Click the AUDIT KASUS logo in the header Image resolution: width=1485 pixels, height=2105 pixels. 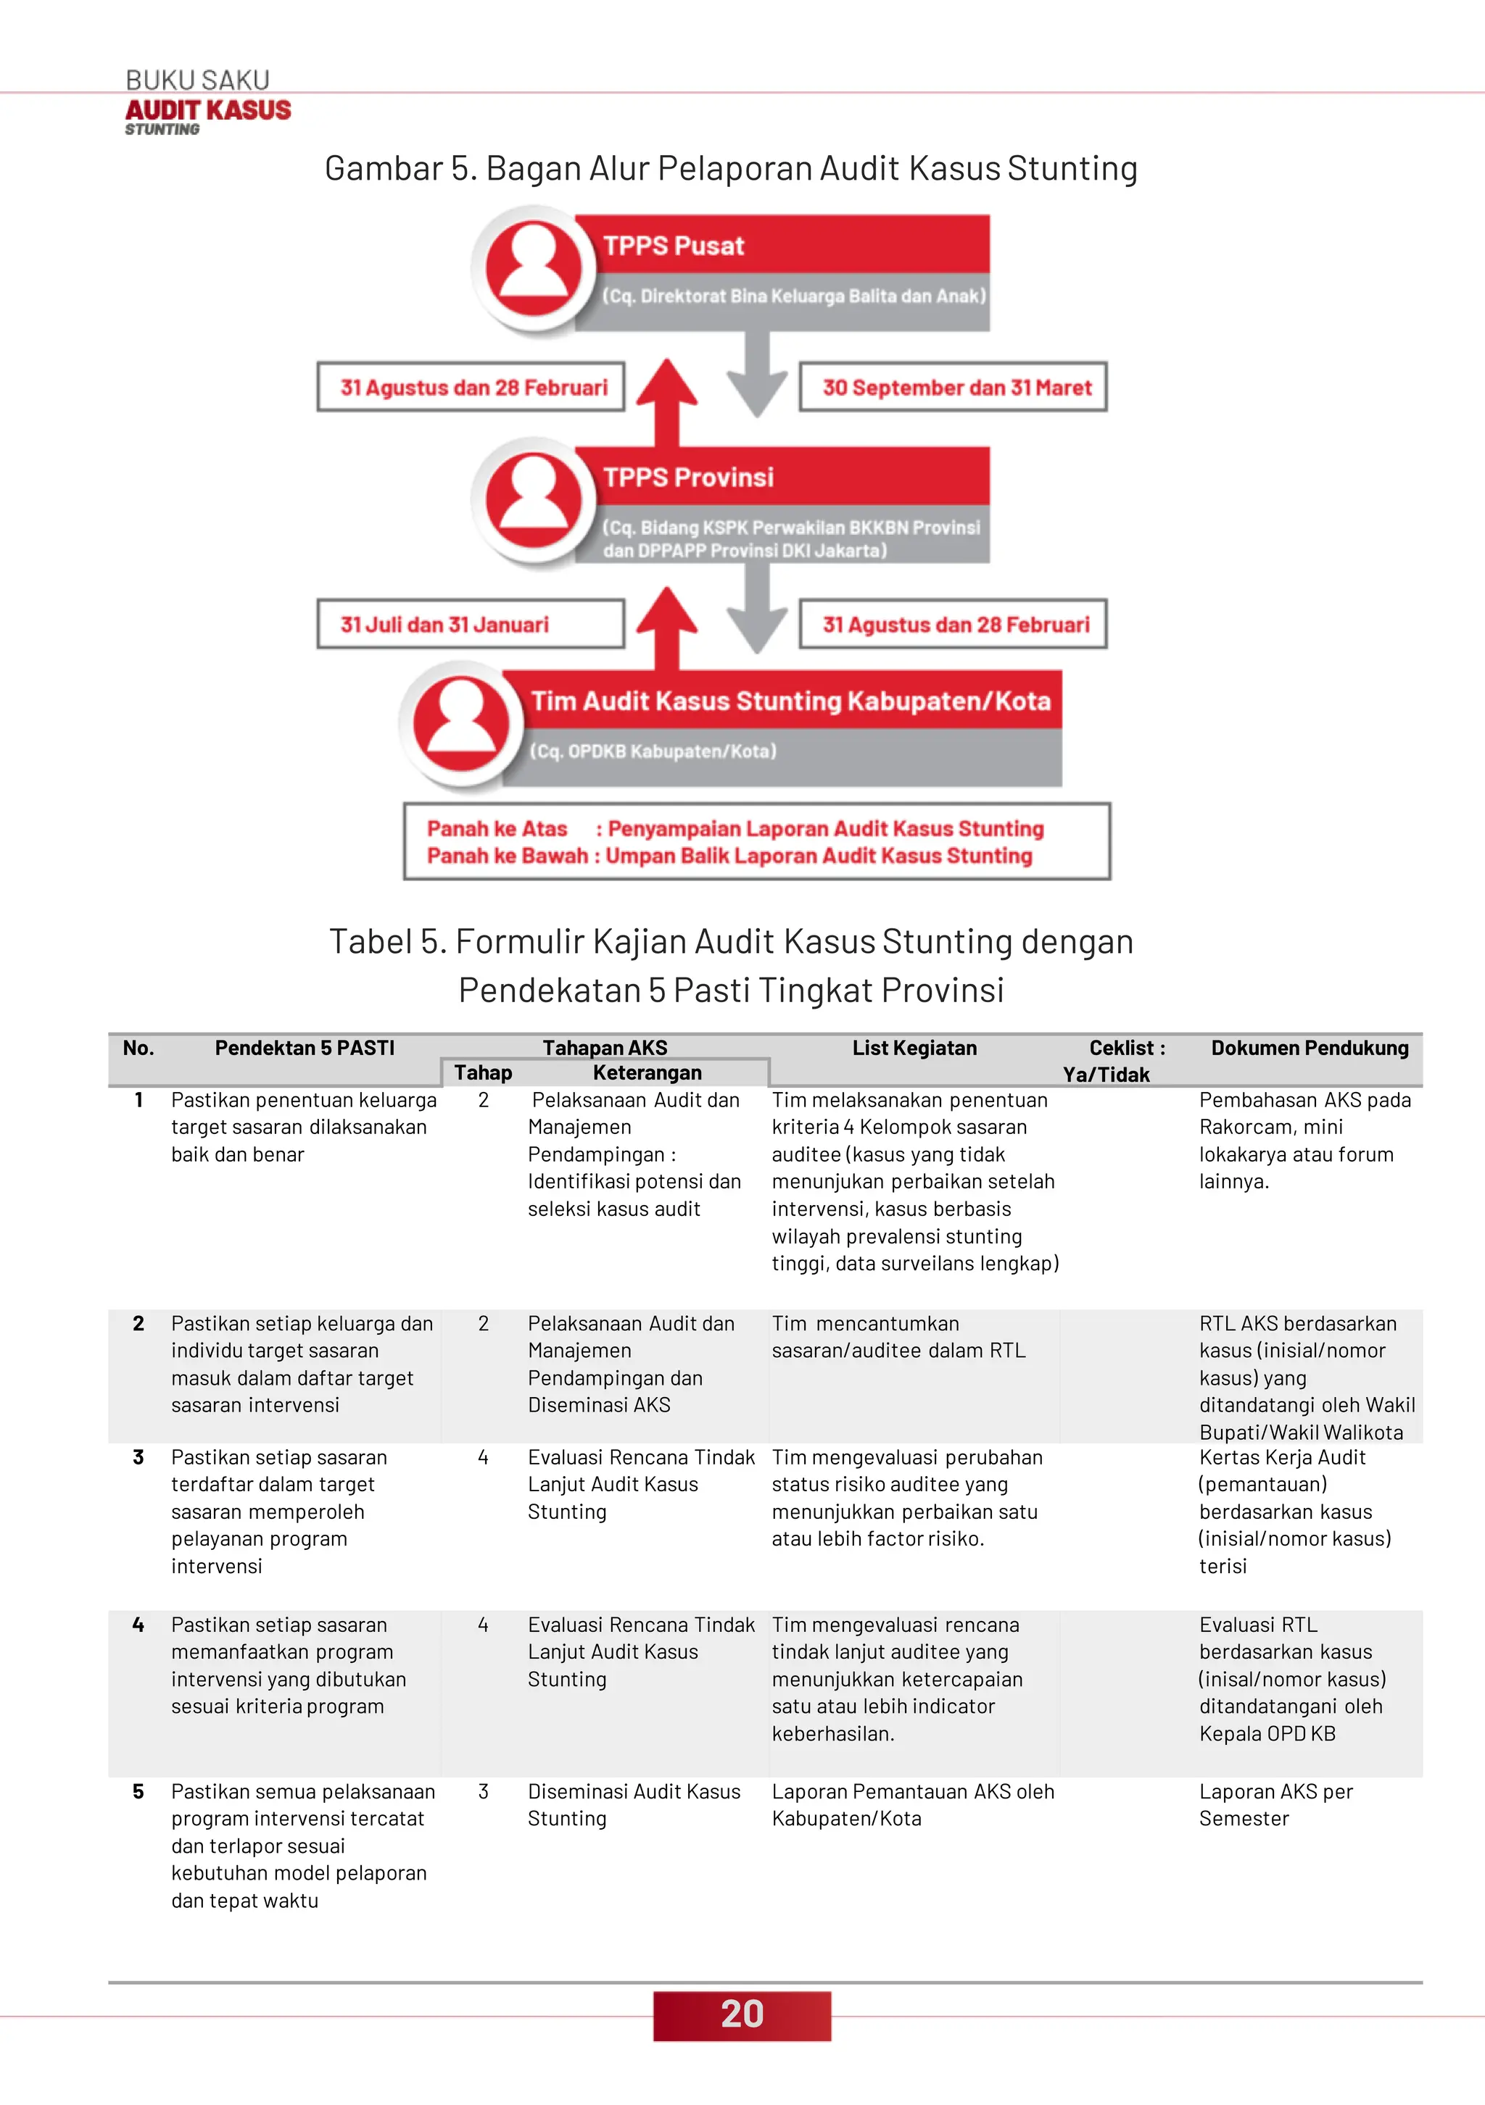[207, 111]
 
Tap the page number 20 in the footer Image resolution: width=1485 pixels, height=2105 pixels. [741, 2014]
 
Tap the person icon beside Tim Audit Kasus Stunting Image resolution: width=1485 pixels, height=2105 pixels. [460, 725]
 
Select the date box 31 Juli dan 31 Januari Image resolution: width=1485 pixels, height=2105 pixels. [471, 625]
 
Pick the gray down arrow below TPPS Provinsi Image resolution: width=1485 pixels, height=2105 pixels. [757, 609]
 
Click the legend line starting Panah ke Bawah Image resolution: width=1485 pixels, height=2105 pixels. [729, 856]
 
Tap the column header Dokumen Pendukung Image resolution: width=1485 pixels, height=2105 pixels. [1309, 1048]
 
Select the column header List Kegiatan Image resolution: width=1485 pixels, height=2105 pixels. [914, 1048]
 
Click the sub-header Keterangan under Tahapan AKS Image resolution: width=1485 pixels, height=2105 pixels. [647, 1072]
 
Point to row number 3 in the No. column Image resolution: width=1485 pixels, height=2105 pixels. [138, 1458]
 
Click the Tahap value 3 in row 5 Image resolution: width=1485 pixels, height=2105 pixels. [484, 1791]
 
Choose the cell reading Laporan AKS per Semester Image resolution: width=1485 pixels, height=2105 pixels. [1275, 1804]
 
